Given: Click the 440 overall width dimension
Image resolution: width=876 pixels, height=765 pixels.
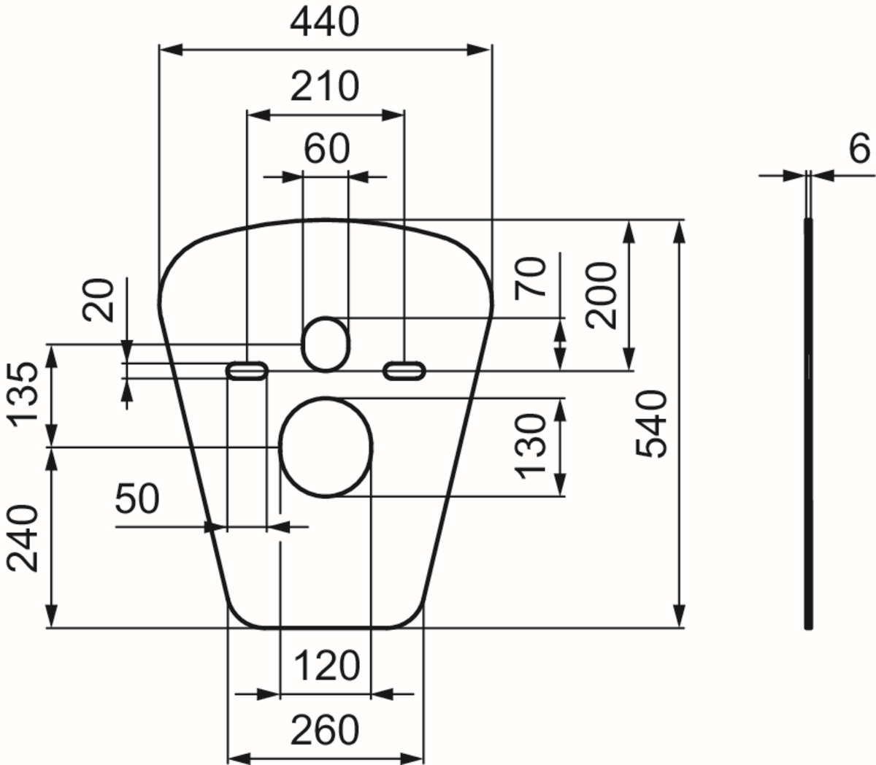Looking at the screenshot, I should pyautogui.click(x=325, y=23).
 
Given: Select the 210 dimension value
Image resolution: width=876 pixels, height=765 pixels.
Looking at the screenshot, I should pyautogui.click(x=325, y=87).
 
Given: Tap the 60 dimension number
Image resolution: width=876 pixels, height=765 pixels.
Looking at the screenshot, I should pyautogui.click(x=326, y=149).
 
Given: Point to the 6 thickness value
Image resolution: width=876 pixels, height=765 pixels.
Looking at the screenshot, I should pyautogui.click(x=859, y=150).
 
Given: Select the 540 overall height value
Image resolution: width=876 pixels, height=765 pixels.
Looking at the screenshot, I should pyautogui.click(x=652, y=423).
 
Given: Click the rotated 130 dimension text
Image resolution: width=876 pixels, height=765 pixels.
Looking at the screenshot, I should pyautogui.click(x=531, y=446).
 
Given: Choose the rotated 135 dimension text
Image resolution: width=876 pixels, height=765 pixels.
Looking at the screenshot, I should pyautogui.click(x=24, y=393).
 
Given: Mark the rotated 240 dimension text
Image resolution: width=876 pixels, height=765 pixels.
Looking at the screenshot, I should pyautogui.click(x=24, y=537).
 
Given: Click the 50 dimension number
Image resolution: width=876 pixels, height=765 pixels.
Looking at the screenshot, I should pyautogui.click(x=137, y=499).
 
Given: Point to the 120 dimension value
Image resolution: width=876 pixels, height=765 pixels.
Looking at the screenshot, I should pyautogui.click(x=326, y=666).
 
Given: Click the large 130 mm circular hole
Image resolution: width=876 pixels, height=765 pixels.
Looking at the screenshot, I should pyautogui.click(x=326, y=447).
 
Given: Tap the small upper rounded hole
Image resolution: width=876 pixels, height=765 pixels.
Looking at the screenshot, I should pyautogui.click(x=325, y=343).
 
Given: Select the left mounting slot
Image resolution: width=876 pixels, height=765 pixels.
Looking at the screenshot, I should pyautogui.click(x=247, y=371).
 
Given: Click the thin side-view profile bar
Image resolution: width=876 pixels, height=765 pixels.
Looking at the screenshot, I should pyautogui.click(x=808, y=423).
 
